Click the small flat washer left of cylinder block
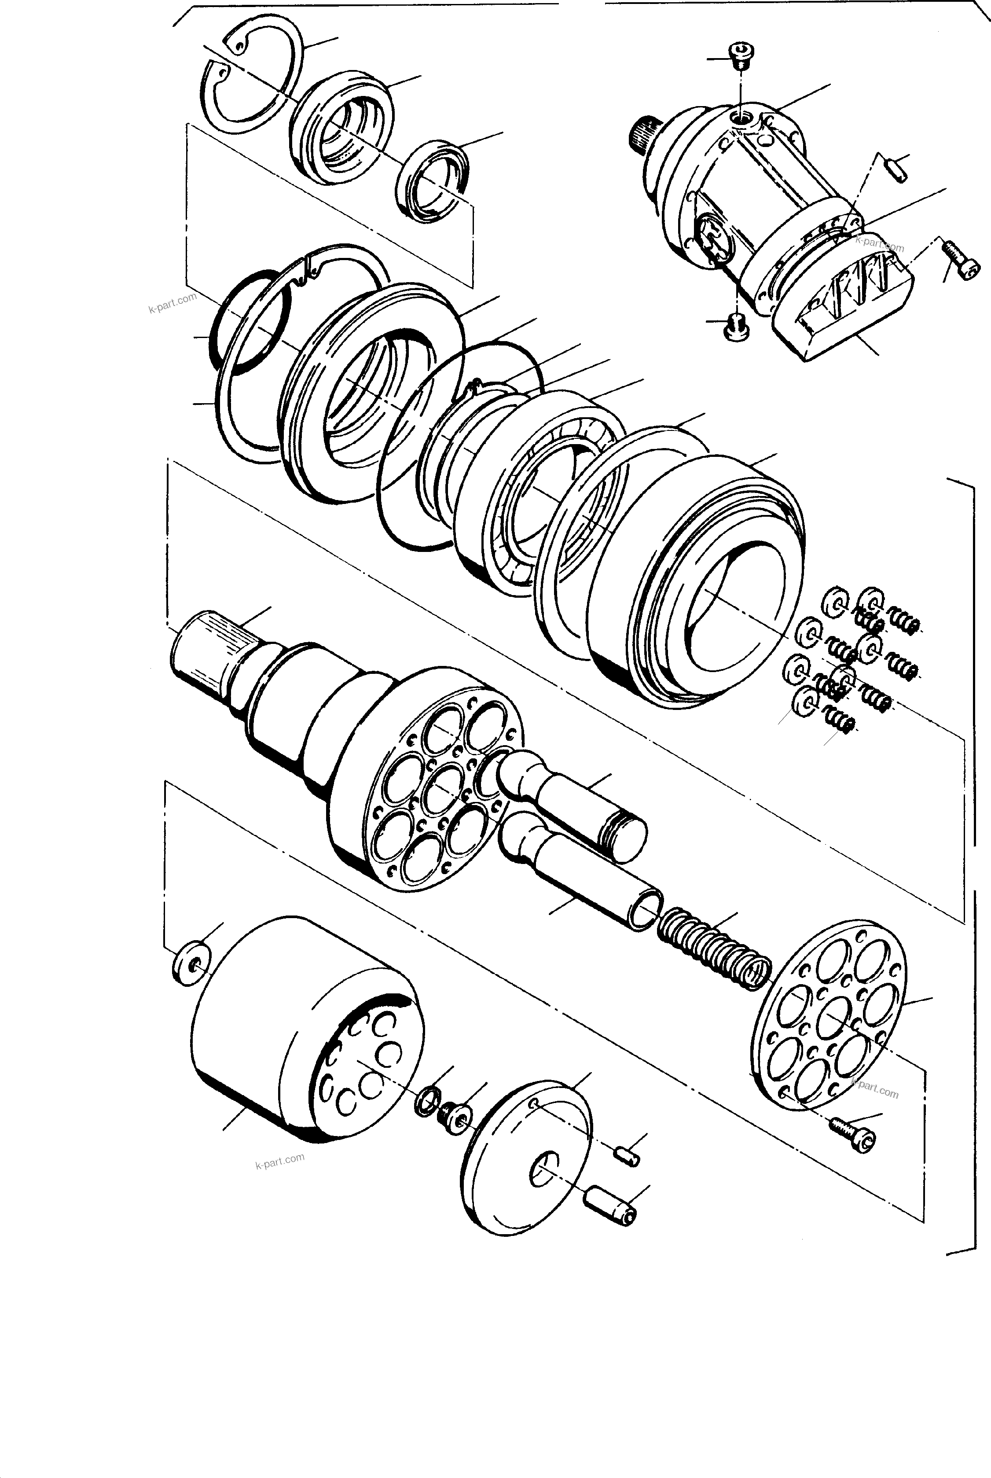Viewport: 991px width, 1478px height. pos(191,963)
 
